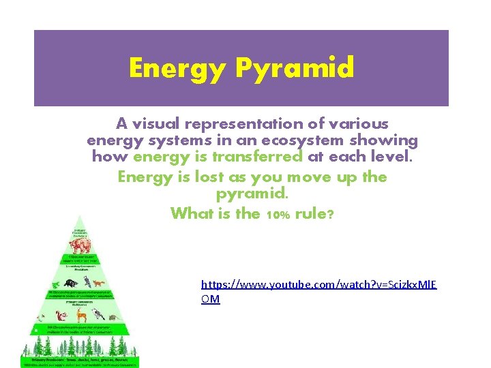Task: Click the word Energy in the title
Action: click(x=178, y=68)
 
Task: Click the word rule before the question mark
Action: click(x=310, y=213)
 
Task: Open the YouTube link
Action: click(x=318, y=282)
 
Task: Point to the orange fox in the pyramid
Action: click(x=100, y=282)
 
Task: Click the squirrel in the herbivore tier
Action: click(x=60, y=315)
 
